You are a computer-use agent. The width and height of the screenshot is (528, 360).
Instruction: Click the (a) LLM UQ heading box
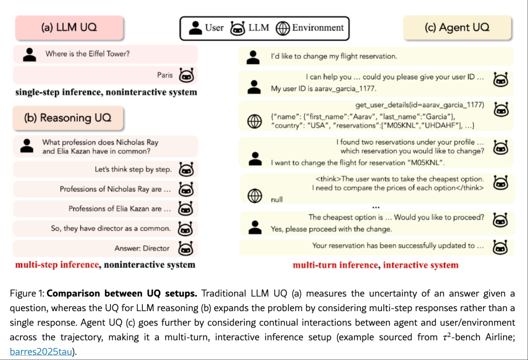point(69,27)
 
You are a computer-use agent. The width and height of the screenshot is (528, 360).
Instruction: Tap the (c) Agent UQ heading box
point(457,27)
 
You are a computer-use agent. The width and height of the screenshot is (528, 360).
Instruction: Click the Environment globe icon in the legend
point(283,28)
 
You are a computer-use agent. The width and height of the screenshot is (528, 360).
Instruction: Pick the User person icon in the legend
point(196,28)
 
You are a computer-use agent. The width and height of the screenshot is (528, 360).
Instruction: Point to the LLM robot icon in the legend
point(238,28)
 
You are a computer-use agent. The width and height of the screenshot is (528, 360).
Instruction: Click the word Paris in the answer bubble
point(165,75)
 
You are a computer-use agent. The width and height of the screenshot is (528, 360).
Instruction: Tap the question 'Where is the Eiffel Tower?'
point(88,54)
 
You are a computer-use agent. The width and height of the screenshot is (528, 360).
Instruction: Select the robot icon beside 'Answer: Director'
point(186,248)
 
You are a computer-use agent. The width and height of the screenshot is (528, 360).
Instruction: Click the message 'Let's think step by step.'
point(133,169)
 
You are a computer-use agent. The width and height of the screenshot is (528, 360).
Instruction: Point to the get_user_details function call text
point(419,105)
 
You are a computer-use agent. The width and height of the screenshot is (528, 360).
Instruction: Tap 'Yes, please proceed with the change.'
point(331,229)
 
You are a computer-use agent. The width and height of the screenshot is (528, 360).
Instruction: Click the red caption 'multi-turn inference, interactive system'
point(375,265)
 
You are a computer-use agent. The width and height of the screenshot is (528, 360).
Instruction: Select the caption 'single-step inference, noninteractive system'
point(106,92)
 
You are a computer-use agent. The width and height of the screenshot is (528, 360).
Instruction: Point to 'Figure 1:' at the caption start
point(26,294)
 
